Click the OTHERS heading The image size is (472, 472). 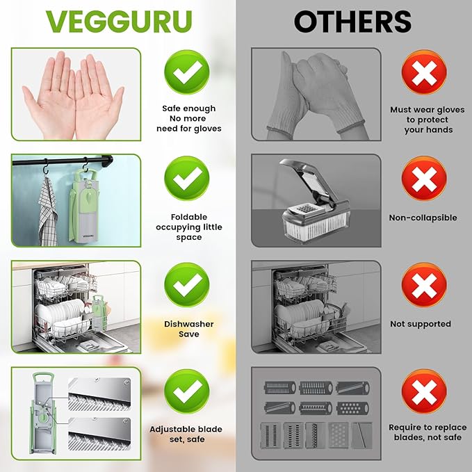tap(352, 22)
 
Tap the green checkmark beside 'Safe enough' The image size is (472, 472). tap(187, 71)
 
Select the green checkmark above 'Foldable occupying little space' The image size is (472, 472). tap(187, 177)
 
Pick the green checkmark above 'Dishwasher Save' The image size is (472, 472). tap(187, 284)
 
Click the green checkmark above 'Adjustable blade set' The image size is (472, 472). tap(187, 391)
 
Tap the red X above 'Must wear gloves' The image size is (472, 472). tap(424, 72)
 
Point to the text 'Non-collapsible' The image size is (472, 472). tap(423, 218)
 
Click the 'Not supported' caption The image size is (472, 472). tap(421, 324)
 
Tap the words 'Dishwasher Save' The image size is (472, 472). tap(189, 329)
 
